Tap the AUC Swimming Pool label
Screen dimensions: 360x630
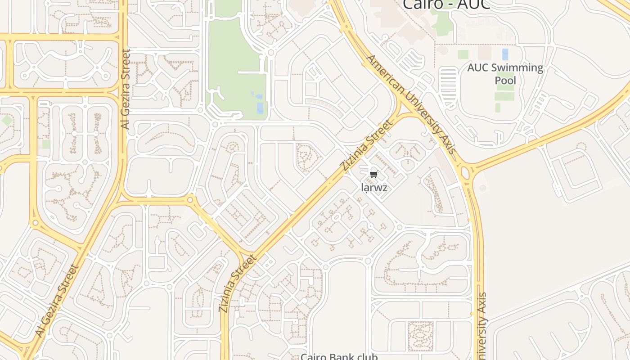505,74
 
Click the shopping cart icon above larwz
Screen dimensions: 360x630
373,175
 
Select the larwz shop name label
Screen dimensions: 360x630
374,188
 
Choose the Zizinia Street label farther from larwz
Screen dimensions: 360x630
238,283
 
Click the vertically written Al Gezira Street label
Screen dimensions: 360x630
125,89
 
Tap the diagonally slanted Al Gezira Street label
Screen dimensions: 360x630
57,301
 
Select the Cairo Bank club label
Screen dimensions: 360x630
339,356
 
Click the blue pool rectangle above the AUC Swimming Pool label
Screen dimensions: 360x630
505,54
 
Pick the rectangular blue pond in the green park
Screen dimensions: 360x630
260,108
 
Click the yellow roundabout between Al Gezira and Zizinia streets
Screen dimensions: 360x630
190,199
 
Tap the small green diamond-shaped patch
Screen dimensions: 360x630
6,121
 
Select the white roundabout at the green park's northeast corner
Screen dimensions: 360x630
270,53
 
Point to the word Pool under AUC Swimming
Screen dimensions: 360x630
505,81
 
